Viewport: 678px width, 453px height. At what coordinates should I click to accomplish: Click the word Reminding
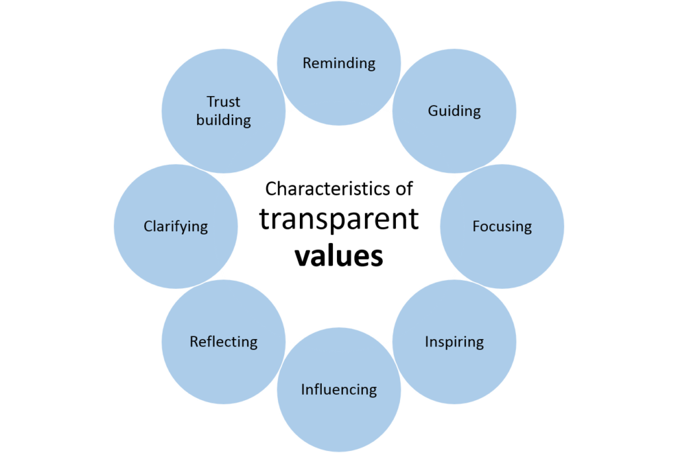339,64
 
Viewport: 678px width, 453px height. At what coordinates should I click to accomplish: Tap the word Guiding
454,111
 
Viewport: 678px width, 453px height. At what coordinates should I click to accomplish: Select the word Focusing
502,226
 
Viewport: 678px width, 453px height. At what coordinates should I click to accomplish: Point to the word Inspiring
454,342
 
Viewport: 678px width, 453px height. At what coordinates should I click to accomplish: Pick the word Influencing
339,390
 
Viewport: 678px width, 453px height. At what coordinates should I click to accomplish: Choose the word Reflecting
223,342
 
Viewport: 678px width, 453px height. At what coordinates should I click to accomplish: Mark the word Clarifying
175,226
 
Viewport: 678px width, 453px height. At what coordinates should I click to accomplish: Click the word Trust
223,102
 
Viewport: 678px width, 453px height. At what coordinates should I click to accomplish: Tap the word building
224,121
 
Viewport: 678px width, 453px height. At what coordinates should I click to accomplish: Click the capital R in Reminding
307,64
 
